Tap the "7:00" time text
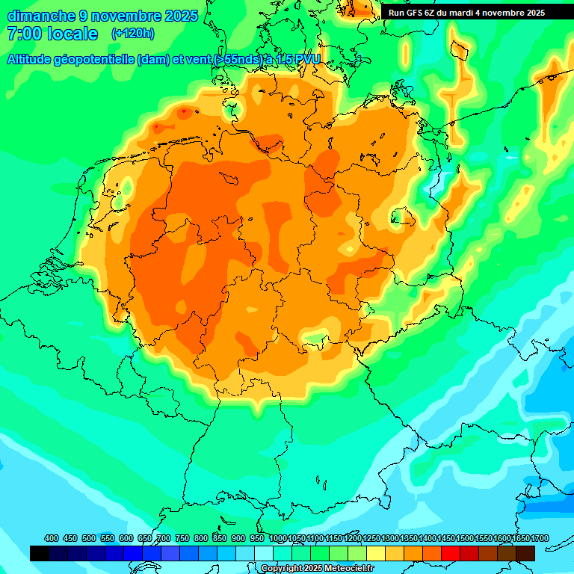click(x=25, y=34)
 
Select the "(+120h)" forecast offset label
click(x=133, y=34)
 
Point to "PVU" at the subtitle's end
click(x=307, y=60)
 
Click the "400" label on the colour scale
click(x=52, y=538)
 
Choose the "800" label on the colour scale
click(x=200, y=538)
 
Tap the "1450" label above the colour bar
click(x=445, y=538)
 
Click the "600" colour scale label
click(x=126, y=538)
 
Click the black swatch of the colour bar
click(x=40, y=553)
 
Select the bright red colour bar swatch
click(x=451, y=553)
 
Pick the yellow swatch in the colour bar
click(x=376, y=553)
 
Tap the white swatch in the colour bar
click(x=264, y=553)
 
